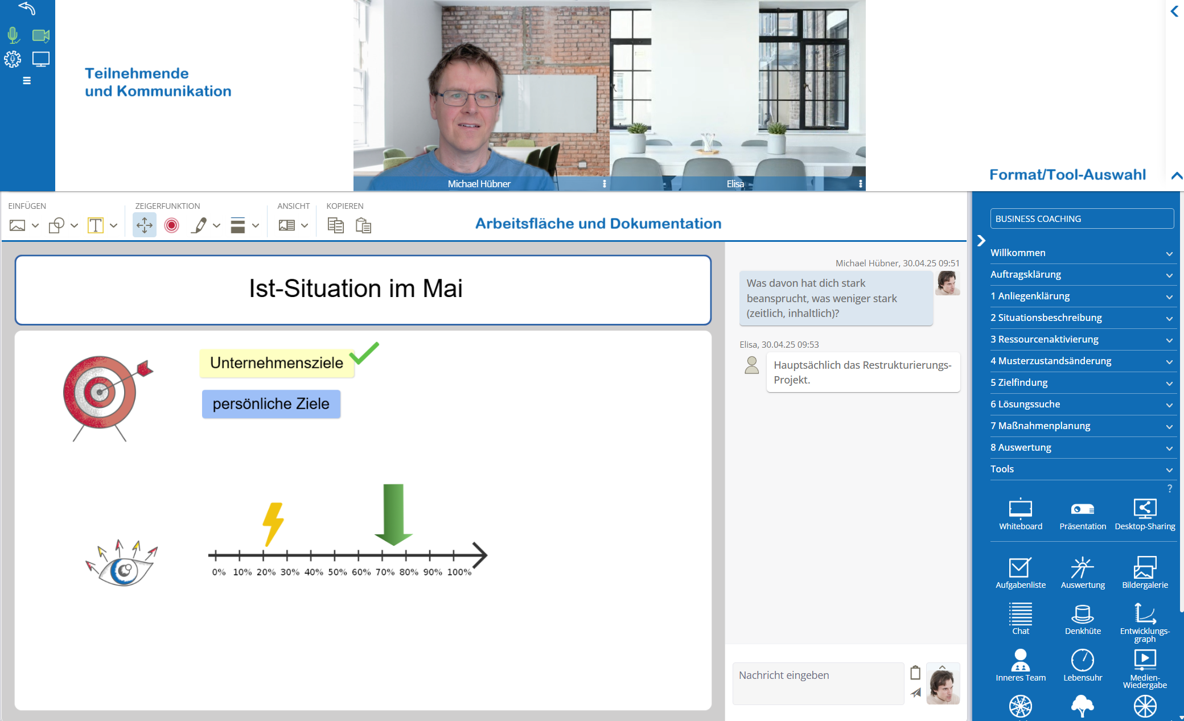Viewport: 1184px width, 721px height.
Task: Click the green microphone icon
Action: [13, 35]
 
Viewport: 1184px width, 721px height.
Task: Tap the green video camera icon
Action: [41, 35]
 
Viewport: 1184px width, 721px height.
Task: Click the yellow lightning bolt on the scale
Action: [273, 524]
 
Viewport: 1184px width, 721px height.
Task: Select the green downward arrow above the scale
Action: [393, 514]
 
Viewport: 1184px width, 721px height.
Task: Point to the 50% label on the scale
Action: [337, 572]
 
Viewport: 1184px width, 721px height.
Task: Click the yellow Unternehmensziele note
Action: [277, 363]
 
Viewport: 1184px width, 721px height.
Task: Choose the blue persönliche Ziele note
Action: [271, 404]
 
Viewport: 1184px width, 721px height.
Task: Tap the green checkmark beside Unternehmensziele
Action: [364, 353]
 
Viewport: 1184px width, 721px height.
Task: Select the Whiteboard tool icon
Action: [1021, 508]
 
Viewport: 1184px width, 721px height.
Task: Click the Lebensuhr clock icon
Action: [1082, 660]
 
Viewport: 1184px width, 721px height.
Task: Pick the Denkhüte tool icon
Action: [1082, 614]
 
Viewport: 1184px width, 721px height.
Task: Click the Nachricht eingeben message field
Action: [818, 683]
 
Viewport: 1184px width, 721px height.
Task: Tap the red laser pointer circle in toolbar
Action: [171, 226]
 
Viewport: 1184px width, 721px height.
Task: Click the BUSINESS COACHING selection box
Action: [1082, 219]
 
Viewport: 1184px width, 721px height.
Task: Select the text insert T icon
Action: [95, 226]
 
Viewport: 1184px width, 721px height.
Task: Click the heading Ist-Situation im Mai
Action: [356, 289]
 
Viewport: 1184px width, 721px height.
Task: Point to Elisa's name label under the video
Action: [735, 184]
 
